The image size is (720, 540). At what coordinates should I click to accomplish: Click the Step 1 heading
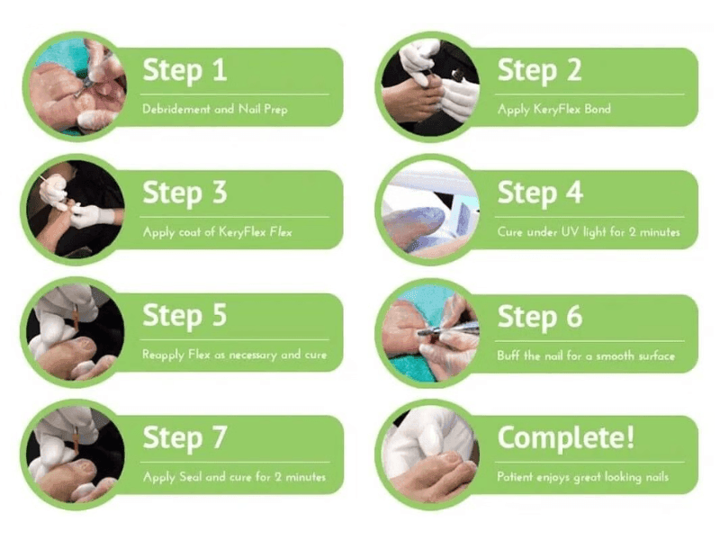pos(184,71)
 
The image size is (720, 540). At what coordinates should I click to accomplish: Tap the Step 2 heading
pos(539,71)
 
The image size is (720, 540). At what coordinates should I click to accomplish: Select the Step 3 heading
pos(184,193)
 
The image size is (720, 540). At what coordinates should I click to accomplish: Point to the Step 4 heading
pos(540,193)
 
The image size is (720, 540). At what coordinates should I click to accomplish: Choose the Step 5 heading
pos(184,316)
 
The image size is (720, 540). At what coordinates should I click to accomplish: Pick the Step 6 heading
pos(540,318)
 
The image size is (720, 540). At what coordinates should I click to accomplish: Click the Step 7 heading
pos(184,438)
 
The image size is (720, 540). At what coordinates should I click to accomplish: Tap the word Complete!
pos(566,438)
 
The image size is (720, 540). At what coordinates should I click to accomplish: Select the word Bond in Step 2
pos(597,109)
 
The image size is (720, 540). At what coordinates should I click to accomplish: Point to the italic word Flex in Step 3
pos(281,231)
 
